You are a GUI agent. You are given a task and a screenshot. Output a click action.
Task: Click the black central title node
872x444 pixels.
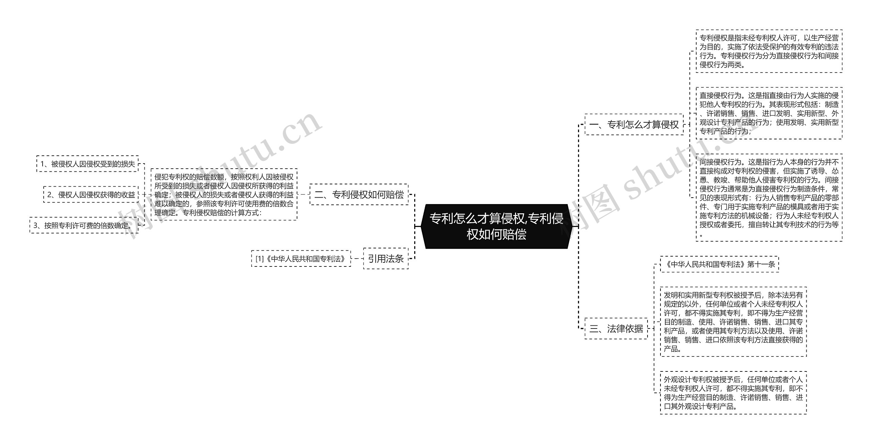click(496, 226)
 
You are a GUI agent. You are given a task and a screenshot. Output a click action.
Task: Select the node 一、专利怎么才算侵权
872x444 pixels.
click(634, 125)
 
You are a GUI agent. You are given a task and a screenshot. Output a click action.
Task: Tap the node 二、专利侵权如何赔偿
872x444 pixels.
click(359, 195)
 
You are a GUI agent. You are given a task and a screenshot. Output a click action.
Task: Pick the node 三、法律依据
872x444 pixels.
click(616, 328)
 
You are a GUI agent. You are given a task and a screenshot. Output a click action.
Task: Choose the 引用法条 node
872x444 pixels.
click(386, 259)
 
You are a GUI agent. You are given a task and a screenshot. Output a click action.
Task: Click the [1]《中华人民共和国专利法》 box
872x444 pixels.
click(301, 259)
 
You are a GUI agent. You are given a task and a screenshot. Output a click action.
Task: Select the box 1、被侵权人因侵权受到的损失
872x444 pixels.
click(88, 164)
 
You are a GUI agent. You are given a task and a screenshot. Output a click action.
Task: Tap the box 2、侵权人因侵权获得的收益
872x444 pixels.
click(91, 195)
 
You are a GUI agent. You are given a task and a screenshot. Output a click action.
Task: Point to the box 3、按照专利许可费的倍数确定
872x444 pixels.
click(84, 225)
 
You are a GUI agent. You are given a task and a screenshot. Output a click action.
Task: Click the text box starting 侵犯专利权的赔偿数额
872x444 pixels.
click(224, 195)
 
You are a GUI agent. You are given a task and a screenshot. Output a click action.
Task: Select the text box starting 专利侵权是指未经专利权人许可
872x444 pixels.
click(769, 51)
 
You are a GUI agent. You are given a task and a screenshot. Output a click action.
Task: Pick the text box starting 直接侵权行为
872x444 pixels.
click(769, 113)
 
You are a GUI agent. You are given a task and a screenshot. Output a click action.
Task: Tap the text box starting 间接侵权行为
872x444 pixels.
click(769, 198)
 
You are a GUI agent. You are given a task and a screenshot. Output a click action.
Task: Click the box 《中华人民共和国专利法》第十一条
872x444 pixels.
click(719, 264)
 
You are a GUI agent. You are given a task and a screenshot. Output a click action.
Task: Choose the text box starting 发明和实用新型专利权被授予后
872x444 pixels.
click(733, 322)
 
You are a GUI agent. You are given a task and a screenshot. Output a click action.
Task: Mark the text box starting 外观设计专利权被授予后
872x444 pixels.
click(733, 393)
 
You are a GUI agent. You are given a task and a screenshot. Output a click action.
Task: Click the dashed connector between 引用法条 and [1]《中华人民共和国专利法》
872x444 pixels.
click(357, 259)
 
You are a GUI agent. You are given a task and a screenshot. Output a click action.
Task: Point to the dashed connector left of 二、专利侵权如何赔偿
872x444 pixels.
click(303, 195)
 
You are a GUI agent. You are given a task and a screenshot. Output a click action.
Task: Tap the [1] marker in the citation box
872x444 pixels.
click(260, 259)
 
